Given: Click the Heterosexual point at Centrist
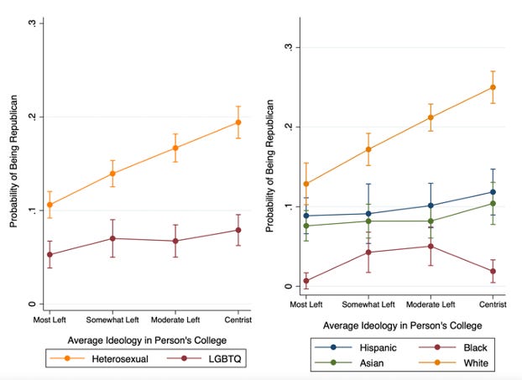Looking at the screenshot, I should click(238, 122).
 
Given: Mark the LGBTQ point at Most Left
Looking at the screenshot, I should click(50, 254).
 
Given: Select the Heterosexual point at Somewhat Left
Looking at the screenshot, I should click(112, 174).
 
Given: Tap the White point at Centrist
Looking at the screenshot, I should click(493, 87).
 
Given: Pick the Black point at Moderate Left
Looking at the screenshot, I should click(431, 246).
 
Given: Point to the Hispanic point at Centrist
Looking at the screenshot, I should click(493, 192).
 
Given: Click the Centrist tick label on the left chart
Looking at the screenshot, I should click(238, 320).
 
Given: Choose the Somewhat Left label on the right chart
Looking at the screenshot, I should click(368, 305).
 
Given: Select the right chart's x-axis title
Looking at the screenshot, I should click(399, 325).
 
